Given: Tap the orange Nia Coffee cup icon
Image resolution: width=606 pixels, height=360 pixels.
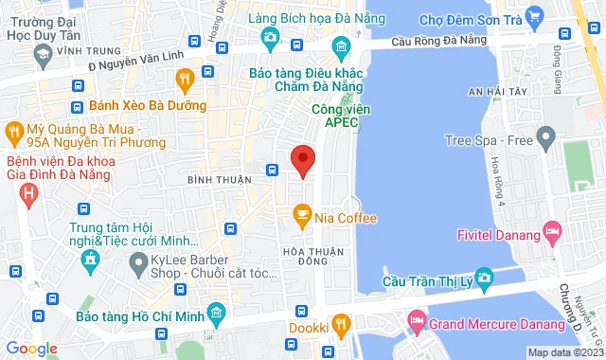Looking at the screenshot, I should coord(302,219).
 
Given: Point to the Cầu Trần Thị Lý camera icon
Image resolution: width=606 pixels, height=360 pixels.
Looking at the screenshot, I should coord(485,279).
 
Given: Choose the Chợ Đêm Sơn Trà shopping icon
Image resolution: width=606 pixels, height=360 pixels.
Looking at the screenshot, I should coord(534,15).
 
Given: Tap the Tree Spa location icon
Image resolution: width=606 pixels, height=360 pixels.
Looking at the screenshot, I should coord(544,140).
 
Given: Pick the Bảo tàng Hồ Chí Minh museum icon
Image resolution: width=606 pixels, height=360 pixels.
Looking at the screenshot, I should coord(217,313).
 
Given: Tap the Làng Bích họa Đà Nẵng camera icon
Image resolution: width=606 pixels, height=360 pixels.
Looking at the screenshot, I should coord(270,38).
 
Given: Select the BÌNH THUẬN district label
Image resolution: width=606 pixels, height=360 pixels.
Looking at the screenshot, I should coord(220,179).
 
